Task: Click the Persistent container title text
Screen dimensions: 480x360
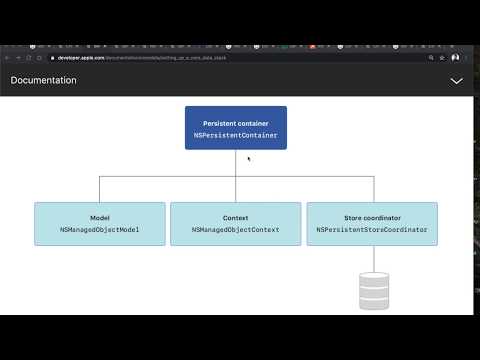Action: pyautogui.click(x=236, y=123)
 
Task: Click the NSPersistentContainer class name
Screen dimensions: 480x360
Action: pyautogui.click(x=236, y=134)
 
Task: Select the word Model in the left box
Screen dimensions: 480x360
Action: pyautogui.click(x=99, y=218)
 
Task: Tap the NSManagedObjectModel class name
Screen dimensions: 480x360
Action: pyautogui.click(x=99, y=229)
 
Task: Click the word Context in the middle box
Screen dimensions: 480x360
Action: pyautogui.click(x=235, y=218)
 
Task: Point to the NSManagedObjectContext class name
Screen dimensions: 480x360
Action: pyautogui.click(x=235, y=229)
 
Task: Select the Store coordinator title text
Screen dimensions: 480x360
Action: pyautogui.click(x=371, y=218)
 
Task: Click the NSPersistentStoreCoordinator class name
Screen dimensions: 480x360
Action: pyautogui.click(x=371, y=229)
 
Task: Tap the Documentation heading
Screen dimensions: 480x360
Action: pyautogui.click(x=44, y=80)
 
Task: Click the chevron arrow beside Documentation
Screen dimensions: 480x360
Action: pyautogui.click(x=457, y=80)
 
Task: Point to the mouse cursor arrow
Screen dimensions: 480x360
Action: pyautogui.click(x=249, y=158)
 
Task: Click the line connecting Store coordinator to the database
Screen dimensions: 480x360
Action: pyautogui.click(x=373, y=257)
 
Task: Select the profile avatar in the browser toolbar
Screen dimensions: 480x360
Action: pyautogui.click(x=456, y=58)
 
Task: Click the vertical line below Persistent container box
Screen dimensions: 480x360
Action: pyautogui.click(x=236, y=163)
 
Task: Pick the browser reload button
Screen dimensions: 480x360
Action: pyautogui.click(x=32, y=58)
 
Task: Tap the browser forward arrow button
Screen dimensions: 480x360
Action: pyautogui.click(x=20, y=58)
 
